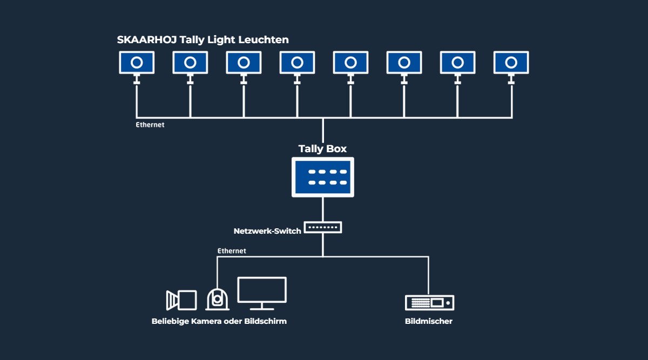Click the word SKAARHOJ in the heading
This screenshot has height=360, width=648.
click(147, 39)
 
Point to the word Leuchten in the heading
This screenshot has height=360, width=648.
click(264, 39)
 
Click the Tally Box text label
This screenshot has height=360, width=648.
click(322, 148)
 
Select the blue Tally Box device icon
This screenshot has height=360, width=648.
click(323, 177)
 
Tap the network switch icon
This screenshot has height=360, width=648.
click(323, 227)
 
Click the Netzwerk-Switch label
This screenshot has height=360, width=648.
click(267, 231)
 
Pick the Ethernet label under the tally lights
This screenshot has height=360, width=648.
click(150, 125)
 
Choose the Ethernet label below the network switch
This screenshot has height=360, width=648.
click(232, 250)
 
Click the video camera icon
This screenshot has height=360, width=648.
click(181, 300)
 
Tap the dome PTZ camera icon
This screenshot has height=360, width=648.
click(217, 299)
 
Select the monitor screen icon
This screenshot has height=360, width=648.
click(262, 293)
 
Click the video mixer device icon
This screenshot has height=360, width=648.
click(430, 303)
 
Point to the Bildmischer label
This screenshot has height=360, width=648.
click(429, 321)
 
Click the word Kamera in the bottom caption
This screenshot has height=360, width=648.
click(206, 321)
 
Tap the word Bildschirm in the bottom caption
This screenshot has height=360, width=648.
click(266, 321)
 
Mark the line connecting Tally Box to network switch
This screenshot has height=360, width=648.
click(323, 209)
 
